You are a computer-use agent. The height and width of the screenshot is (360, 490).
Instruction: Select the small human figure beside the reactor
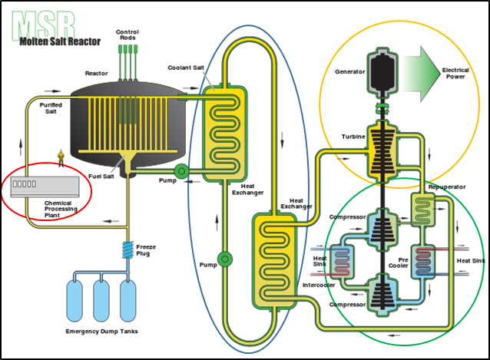(x=61, y=158)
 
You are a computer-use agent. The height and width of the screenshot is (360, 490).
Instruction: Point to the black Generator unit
(x=381, y=76)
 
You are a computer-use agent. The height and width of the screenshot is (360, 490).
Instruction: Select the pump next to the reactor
(x=180, y=171)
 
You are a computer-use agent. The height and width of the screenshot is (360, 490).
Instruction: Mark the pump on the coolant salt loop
(x=224, y=258)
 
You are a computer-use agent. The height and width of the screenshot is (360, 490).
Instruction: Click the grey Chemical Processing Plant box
(x=45, y=187)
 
